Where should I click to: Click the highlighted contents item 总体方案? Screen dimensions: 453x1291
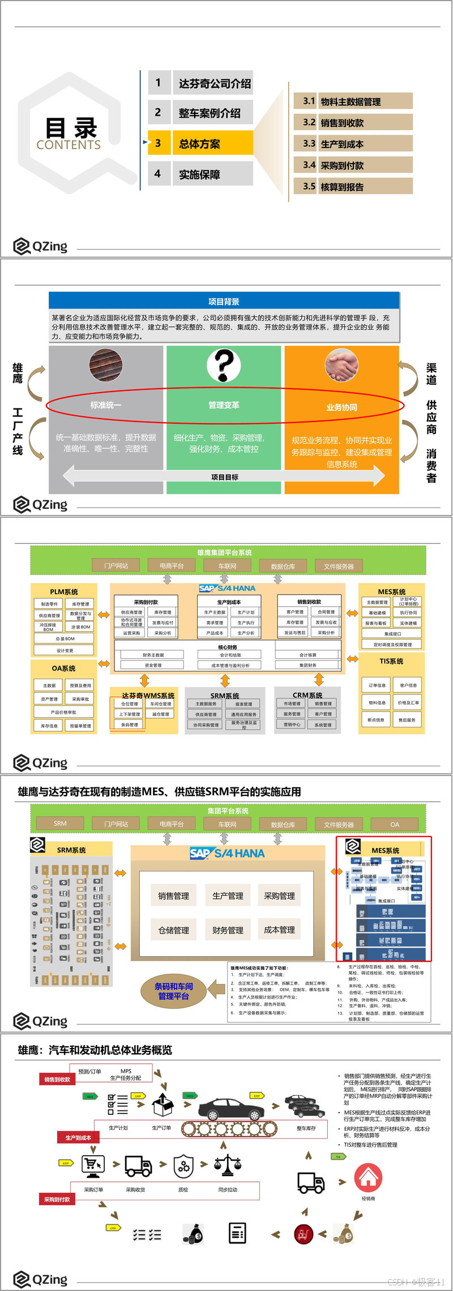(200, 144)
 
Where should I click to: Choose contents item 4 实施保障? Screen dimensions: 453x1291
(199, 174)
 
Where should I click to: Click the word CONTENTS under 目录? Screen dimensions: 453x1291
(69, 145)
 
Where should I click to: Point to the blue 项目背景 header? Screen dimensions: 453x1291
(224, 301)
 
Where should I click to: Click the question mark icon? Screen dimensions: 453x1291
(224, 365)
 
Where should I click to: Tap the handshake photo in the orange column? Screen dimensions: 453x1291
(341, 365)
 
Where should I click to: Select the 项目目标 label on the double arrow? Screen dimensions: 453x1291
(225, 477)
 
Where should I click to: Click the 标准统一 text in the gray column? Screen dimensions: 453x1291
(106, 405)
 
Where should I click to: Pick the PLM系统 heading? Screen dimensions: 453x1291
(64, 592)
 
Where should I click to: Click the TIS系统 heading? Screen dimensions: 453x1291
(391, 661)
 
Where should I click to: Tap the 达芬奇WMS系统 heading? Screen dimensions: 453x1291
(148, 696)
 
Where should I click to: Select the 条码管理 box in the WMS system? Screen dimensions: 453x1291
(129, 725)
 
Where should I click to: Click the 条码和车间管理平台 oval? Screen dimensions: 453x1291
(174, 991)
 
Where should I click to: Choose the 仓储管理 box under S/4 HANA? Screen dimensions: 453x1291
(174, 930)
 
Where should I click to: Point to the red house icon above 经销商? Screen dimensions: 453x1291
(369, 1179)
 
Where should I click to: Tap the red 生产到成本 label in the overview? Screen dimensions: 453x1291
(78, 1137)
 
